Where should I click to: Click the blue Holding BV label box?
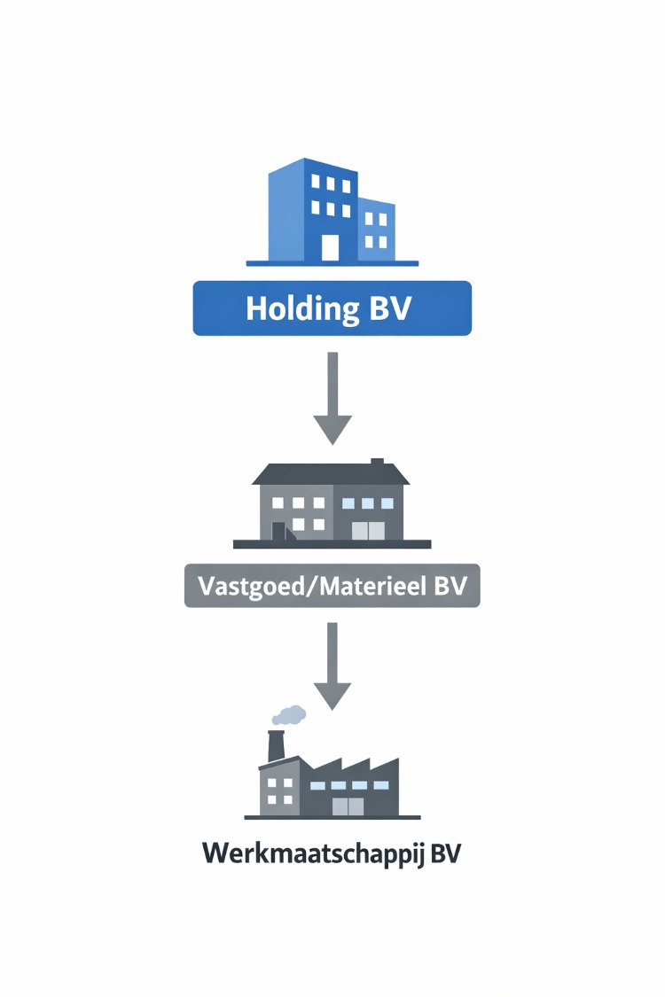pos(332,308)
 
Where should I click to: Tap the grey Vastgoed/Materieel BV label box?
pos(332,586)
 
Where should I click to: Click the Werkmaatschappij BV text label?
pos(332,854)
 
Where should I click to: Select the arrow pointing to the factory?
pos(332,666)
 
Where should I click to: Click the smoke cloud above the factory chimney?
pos(289,714)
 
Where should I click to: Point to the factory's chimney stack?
pos(276,747)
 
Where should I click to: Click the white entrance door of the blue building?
pos(330,247)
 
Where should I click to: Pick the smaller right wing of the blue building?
pos(376,231)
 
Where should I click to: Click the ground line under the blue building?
pos(332,263)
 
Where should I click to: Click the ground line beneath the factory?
pos(332,817)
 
